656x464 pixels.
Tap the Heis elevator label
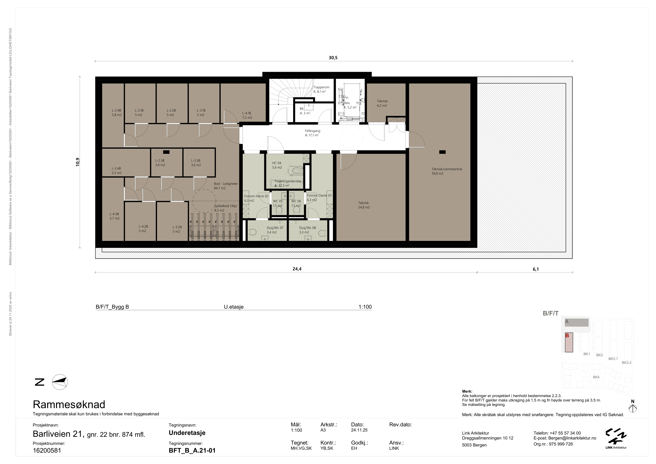coord(347,103)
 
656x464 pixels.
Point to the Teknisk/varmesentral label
coord(447,169)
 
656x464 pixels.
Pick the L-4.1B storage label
coord(247,113)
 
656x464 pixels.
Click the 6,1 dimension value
coord(536,269)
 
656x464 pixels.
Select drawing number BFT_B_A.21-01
coord(192,451)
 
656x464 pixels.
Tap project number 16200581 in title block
coord(47,451)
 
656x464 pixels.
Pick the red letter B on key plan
coord(567,336)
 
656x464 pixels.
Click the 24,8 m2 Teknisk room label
coord(364,207)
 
